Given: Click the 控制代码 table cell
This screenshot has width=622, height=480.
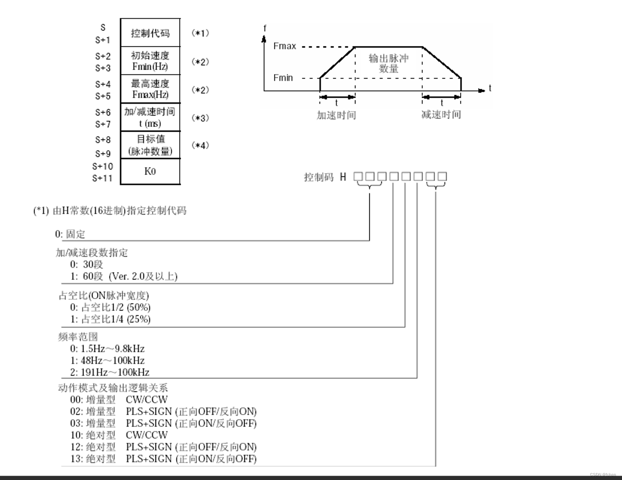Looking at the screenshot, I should [150, 33].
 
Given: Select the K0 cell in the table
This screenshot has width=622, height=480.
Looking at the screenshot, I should [150, 171].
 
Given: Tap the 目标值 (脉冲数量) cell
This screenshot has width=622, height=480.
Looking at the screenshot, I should [150, 145].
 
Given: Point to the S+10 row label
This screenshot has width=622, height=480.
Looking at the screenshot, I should [103, 166].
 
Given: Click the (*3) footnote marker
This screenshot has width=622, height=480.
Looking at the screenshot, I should [200, 118].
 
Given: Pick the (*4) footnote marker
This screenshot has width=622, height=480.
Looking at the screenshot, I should [200, 145].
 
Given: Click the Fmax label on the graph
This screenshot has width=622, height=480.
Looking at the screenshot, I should [284, 46].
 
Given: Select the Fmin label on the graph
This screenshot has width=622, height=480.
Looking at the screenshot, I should [283, 78].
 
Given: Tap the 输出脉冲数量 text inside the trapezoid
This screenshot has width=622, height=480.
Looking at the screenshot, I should [389, 63].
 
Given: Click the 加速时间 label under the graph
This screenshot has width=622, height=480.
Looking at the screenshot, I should [336, 115].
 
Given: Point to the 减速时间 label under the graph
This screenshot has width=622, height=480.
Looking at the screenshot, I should [441, 115].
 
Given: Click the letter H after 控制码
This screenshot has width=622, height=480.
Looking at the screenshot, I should [343, 177].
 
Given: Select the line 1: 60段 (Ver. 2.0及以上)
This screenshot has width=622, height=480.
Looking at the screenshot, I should [124, 276].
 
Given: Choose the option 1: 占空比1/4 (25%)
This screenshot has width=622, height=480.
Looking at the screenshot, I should [110, 319].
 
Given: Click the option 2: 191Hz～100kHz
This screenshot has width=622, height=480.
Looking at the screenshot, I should [110, 372].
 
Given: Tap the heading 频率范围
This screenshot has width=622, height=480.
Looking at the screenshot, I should [78, 337].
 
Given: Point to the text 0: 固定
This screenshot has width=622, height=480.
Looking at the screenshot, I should [70, 234].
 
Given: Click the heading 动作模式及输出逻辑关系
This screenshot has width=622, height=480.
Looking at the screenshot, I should [113, 388].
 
